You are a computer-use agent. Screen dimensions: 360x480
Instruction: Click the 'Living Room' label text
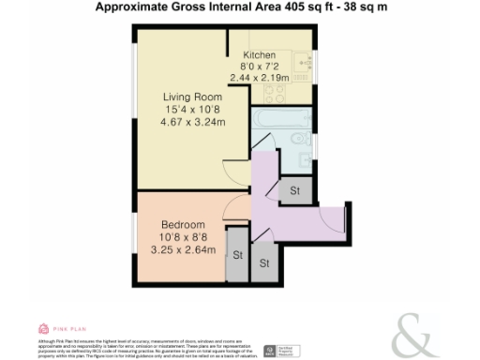pyautogui.click(x=191, y=97)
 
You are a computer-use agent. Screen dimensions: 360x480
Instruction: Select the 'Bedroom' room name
pyautogui.click(x=183, y=225)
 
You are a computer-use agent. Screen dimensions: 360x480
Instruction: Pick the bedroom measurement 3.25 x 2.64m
pyautogui.click(x=183, y=249)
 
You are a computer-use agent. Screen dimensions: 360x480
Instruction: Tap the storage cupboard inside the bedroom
pyautogui.click(x=237, y=255)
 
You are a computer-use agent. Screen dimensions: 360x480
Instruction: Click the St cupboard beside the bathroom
pyautogui.click(x=294, y=190)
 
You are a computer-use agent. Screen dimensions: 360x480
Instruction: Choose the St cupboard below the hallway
pyautogui.click(x=264, y=262)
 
